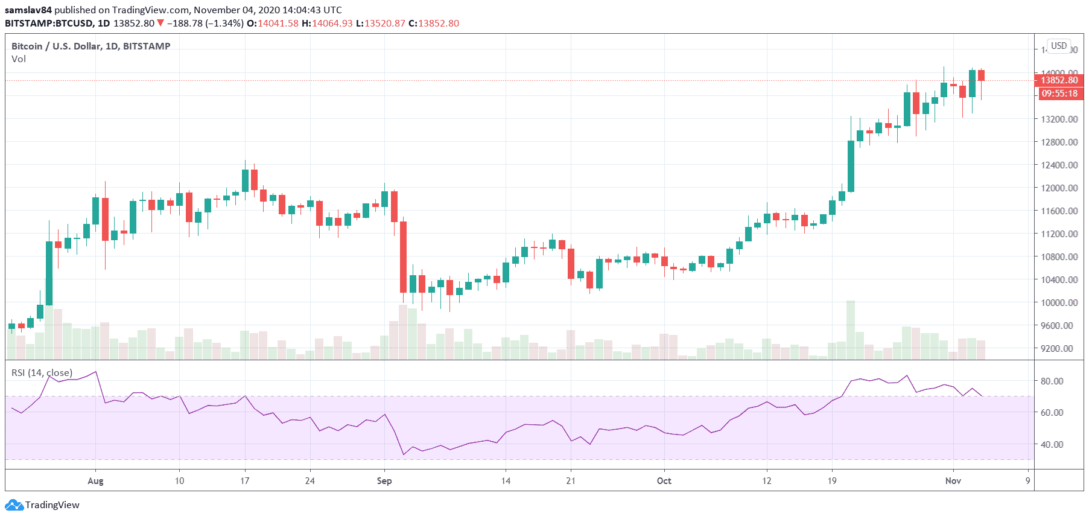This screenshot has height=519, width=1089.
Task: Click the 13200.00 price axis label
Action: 1059,119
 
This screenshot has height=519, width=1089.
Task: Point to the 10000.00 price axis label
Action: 1059,302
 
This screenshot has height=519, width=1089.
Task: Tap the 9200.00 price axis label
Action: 1059,348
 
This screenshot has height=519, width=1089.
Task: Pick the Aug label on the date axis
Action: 95,481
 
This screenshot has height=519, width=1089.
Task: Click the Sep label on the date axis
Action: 384,481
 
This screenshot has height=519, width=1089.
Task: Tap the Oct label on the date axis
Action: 664,481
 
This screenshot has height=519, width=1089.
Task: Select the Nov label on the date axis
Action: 953,481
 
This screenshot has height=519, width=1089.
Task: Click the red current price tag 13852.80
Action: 1059,80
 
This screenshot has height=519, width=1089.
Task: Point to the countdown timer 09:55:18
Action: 1059,94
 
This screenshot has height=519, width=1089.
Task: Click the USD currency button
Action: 1059,46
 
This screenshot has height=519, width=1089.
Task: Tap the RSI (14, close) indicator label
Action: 42,373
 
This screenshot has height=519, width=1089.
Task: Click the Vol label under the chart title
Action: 19,59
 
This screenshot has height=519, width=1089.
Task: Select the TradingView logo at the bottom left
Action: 42,505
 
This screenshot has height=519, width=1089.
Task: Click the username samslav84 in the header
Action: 28,10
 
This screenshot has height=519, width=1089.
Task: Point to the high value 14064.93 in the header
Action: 332,23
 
